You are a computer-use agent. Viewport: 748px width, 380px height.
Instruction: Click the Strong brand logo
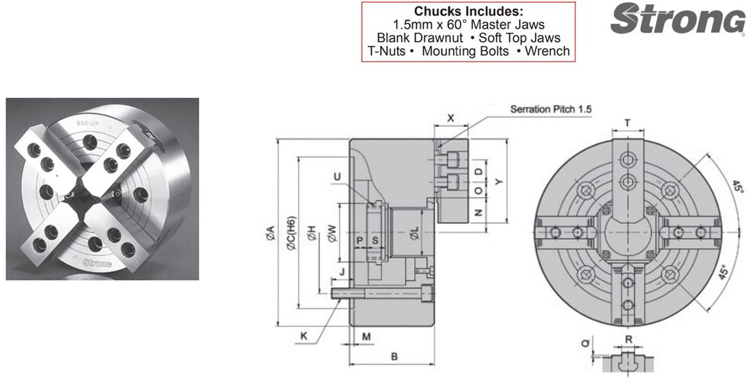click(x=677, y=19)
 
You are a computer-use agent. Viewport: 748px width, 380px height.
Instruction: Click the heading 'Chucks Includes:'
click(x=468, y=12)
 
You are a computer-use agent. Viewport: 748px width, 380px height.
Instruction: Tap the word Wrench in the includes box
click(x=547, y=51)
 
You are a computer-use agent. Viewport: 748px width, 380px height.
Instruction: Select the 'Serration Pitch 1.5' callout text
click(x=550, y=109)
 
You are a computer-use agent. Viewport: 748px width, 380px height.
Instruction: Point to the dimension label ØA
click(x=269, y=235)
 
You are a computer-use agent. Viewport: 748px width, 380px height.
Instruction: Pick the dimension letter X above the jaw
click(x=450, y=119)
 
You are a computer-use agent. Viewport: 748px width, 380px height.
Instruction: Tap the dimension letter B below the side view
click(x=395, y=356)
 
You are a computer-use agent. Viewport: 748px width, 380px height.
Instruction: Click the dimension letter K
click(x=303, y=335)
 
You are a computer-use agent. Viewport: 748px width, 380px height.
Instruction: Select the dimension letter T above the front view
click(x=627, y=123)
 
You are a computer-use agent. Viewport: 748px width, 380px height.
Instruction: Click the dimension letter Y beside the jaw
click(x=500, y=182)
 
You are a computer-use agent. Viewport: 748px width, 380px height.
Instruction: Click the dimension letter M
click(x=366, y=336)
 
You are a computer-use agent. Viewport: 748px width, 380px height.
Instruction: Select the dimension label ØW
click(x=332, y=235)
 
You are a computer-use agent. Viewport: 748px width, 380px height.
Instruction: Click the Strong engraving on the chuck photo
click(x=97, y=263)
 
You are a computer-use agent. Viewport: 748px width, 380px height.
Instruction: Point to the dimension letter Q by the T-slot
click(x=584, y=343)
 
